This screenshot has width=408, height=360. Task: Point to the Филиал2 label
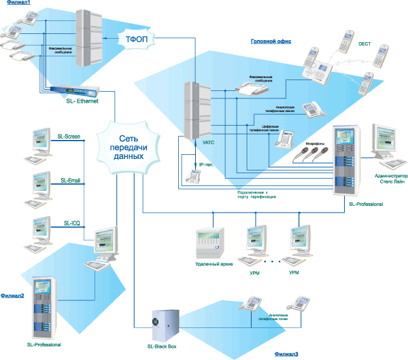point(12,295)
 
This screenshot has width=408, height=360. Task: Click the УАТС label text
point(209,143)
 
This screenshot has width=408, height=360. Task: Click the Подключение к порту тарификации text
point(253,196)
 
